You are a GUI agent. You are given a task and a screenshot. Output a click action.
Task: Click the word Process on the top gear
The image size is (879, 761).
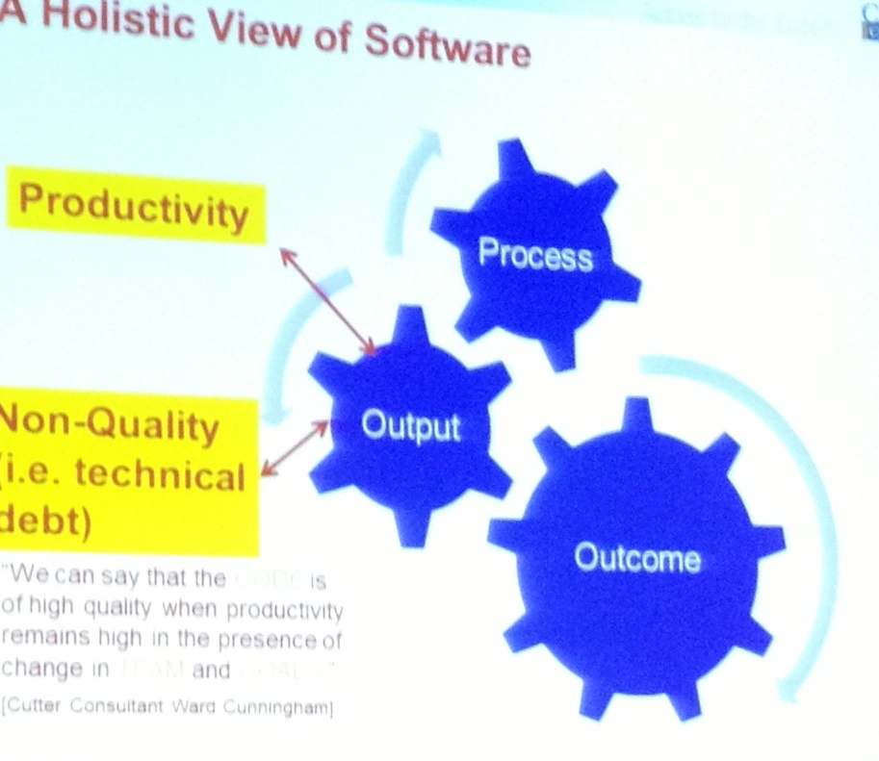point(534,255)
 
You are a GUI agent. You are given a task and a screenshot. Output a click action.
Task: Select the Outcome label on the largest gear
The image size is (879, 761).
point(636,558)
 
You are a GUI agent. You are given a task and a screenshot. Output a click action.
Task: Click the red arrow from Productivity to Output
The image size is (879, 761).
point(327,299)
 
